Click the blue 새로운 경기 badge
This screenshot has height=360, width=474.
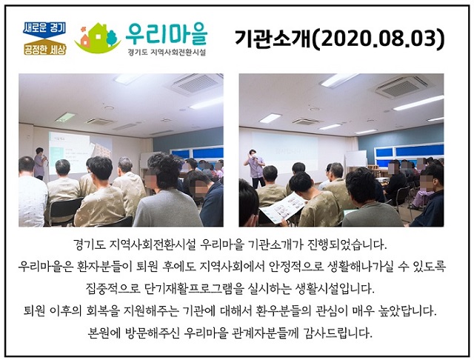pyautogui.click(x=44, y=30)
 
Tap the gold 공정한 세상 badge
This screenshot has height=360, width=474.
pyautogui.click(x=45, y=47)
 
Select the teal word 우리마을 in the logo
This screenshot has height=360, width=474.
pyautogui.click(x=166, y=33)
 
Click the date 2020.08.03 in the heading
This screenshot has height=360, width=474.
pyautogui.click(x=378, y=39)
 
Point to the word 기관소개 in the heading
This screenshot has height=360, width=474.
pyautogui.click(x=272, y=39)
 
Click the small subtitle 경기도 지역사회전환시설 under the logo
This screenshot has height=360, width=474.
pyautogui.click(x=167, y=52)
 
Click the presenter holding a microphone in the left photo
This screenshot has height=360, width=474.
pyautogui.click(x=40, y=163)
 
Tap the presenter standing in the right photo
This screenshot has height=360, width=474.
pyautogui.click(x=256, y=168)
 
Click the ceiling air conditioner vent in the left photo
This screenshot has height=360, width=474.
pyautogui.click(x=196, y=83)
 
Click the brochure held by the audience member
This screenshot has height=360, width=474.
pyautogui.click(x=282, y=208)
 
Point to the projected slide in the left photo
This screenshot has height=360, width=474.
pyautogui.click(x=70, y=152)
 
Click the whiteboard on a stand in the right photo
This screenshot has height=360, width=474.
pyautogui.click(x=355, y=159)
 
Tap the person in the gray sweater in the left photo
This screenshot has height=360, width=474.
pyautogui.click(x=168, y=193)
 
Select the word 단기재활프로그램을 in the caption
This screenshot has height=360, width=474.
pyautogui.click(x=194, y=289)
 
